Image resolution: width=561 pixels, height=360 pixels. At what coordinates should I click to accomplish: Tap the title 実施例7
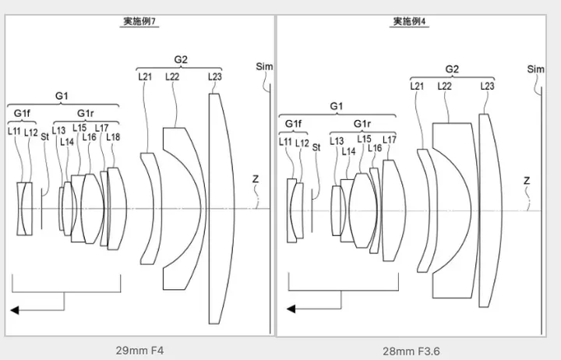tap(141, 23)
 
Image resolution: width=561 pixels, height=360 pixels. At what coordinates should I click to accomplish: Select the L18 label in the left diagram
tap(112, 137)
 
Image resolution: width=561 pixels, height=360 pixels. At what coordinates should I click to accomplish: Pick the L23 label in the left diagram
tap(215, 76)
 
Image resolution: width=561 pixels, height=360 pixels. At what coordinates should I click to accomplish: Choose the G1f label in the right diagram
tap(293, 123)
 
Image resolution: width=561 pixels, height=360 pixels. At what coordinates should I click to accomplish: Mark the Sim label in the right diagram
tap(535, 69)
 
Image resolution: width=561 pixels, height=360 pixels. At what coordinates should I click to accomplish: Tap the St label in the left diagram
tap(45, 136)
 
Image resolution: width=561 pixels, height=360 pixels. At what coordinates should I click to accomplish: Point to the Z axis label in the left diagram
tap(255, 178)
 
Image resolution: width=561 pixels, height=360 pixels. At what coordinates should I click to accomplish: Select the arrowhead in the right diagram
tap(291, 309)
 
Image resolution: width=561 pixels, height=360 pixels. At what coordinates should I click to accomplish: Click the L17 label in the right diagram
tap(390, 139)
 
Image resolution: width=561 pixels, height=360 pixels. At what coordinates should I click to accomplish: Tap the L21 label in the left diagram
tap(145, 76)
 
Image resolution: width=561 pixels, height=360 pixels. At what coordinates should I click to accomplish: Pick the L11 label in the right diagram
tap(286, 143)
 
